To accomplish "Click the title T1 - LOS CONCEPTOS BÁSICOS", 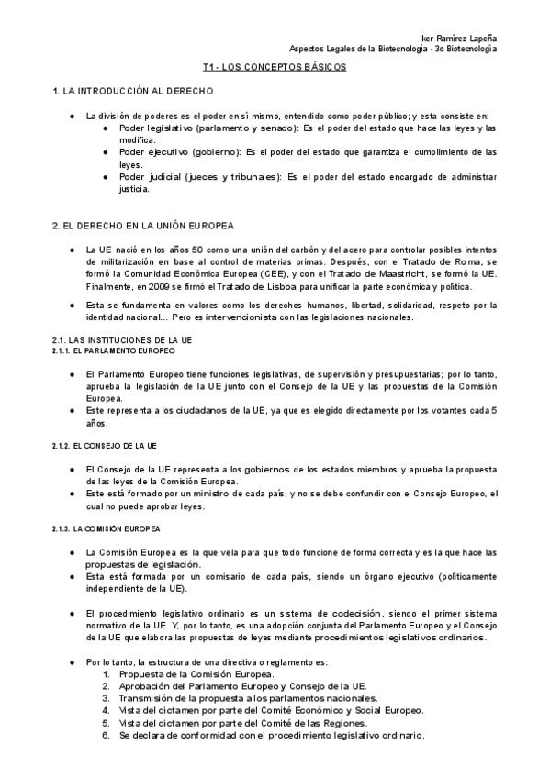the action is click(x=275, y=68).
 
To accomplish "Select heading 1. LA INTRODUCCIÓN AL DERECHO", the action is click(x=134, y=93).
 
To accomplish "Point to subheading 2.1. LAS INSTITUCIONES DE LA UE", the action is click(x=121, y=340).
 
